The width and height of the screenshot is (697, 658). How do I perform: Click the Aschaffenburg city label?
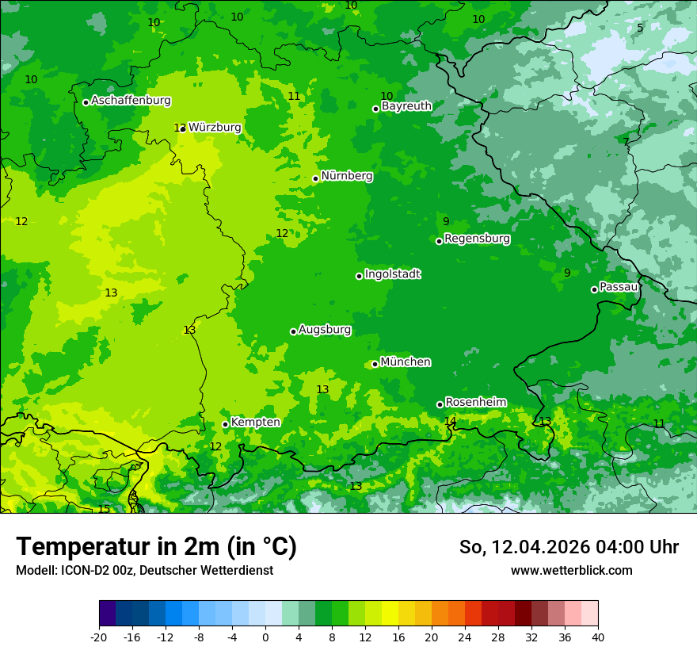[x=131, y=101]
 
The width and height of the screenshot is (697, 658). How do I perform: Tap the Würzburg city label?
[x=215, y=128]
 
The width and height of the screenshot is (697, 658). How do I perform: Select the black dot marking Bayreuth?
[x=376, y=109]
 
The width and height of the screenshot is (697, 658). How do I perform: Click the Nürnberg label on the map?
[x=347, y=176]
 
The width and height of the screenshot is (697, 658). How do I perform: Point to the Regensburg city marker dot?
[x=439, y=241]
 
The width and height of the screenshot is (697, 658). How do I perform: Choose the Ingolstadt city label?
[x=393, y=274]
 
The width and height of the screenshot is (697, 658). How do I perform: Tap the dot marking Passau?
[x=594, y=289]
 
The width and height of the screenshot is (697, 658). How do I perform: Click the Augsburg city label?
[x=325, y=330]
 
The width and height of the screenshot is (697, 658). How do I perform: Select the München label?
[x=406, y=362]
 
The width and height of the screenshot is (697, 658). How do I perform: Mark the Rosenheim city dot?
[x=440, y=404]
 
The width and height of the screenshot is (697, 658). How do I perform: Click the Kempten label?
[x=255, y=423]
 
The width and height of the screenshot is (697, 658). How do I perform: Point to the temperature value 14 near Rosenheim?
[x=450, y=421]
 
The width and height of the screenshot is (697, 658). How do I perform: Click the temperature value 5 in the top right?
[x=640, y=28]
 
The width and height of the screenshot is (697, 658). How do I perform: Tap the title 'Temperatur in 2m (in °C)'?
[x=156, y=547]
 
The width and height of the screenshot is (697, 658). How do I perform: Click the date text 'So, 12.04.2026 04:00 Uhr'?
[x=569, y=547]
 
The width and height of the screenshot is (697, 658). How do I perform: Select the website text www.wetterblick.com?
[x=571, y=570]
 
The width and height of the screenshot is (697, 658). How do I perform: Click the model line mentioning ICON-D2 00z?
[x=144, y=570]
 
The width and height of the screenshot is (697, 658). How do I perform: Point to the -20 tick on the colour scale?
[x=99, y=637]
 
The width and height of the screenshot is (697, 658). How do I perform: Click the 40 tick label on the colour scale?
[x=597, y=637]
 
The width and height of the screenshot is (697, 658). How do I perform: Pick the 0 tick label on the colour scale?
[x=265, y=637]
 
